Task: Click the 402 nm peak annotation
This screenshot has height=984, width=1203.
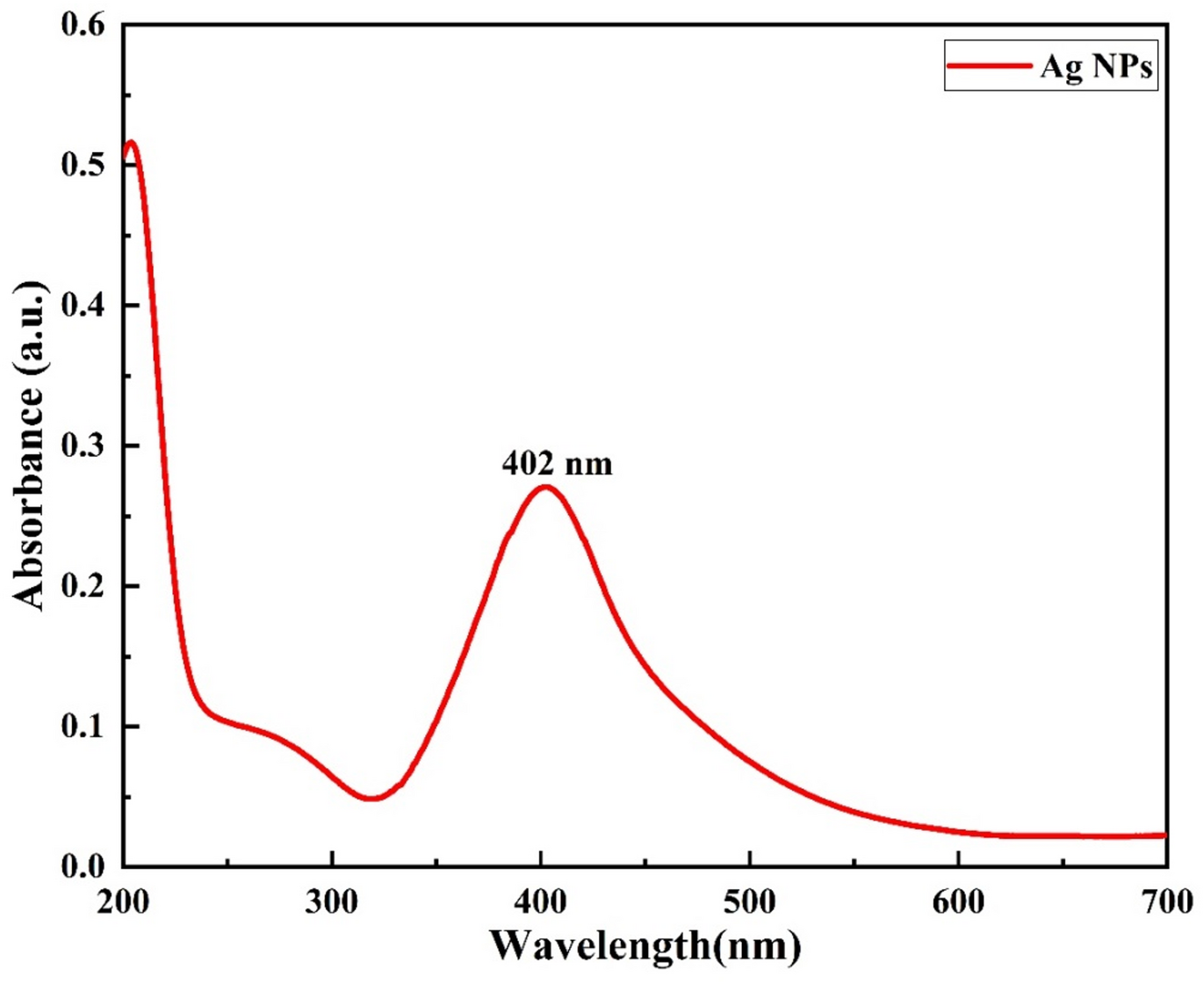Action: click(557, 463)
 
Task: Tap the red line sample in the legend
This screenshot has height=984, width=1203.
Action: click(989, 66)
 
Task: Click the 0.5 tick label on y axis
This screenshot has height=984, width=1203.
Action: click(83, 165)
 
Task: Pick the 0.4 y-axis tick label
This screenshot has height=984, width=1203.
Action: click(83, 306)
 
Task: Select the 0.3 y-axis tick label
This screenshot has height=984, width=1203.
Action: click(83, 446)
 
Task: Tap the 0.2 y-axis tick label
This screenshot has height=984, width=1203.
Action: click(83, 586)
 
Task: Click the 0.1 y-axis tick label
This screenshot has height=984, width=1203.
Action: click(83, 727)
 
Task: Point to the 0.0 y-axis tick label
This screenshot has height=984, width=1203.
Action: click(83, 866)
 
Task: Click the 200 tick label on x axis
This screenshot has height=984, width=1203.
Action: click(124, 902)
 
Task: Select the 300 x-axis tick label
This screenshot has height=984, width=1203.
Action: click(332, 902)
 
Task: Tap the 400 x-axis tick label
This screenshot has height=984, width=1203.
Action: click(541, 902)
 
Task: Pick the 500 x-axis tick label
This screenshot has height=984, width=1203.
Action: click(749, 902)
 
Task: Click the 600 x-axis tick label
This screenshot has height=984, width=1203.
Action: click(958, 902)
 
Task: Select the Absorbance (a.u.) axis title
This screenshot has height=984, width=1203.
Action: click(28, 446)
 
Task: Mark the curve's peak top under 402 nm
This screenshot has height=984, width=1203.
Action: click(545, 487)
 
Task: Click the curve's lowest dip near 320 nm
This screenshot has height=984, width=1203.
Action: click(371, 798)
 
